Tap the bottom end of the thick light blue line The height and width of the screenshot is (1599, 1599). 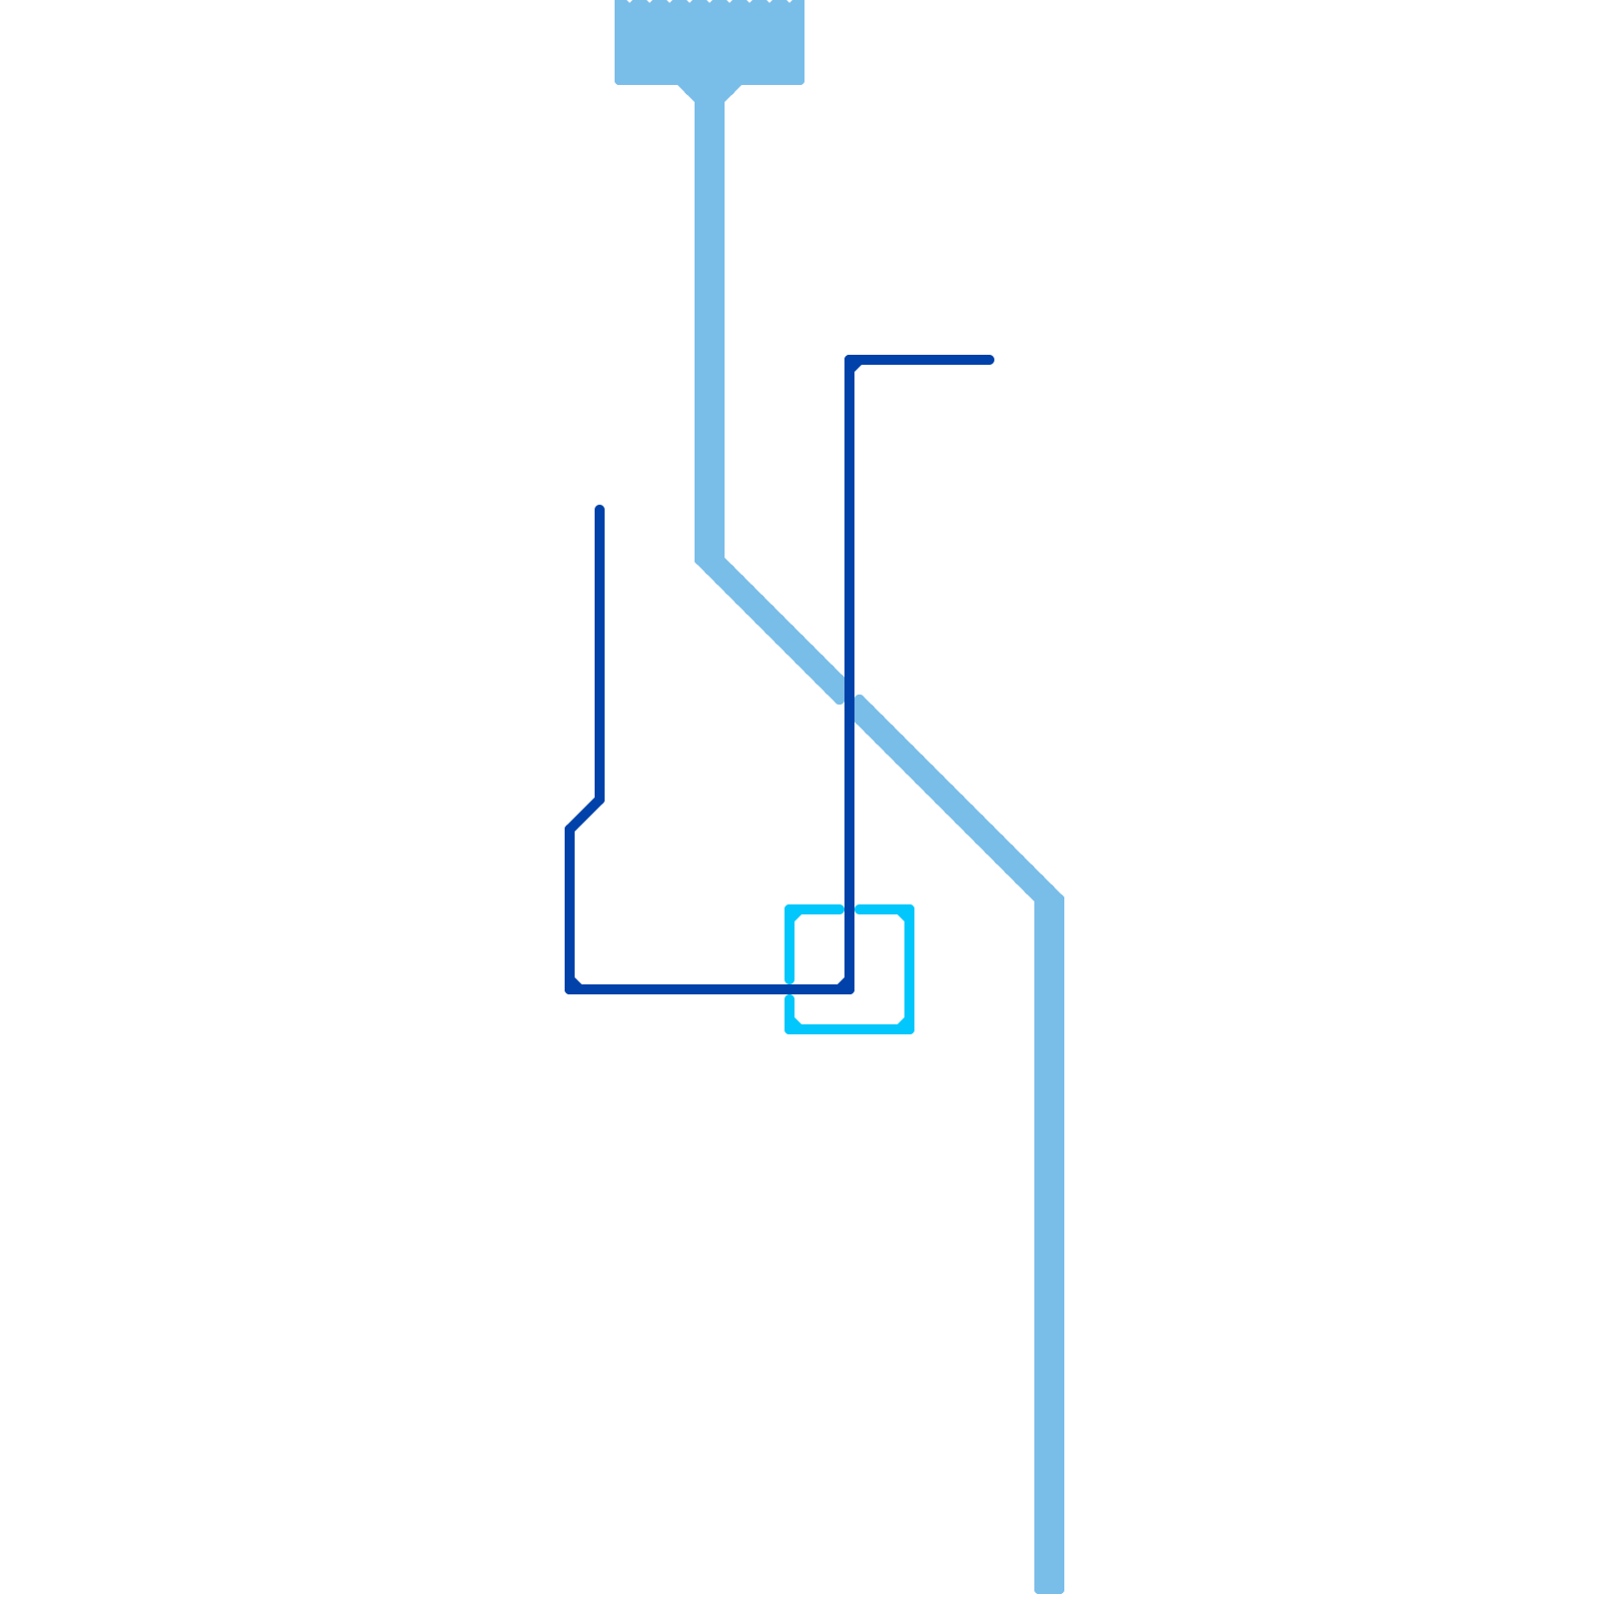[x=1049, y=1585]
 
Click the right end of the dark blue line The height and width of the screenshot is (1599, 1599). [x=989, y=360]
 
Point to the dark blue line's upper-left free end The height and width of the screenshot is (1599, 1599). [x=600, y=510]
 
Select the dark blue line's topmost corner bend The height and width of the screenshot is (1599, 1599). [x=849, y=360]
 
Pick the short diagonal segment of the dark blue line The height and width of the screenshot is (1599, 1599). [x=585, y=814]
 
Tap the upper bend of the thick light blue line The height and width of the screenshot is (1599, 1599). [x=710, y=560]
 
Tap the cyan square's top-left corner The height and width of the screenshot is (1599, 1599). [x=790, y=909]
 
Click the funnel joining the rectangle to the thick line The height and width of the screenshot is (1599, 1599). [x=710, y=92]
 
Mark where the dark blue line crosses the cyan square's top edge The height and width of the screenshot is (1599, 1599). [x=849, y=909]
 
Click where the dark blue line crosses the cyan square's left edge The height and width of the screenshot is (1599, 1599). [x=790, y=989]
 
